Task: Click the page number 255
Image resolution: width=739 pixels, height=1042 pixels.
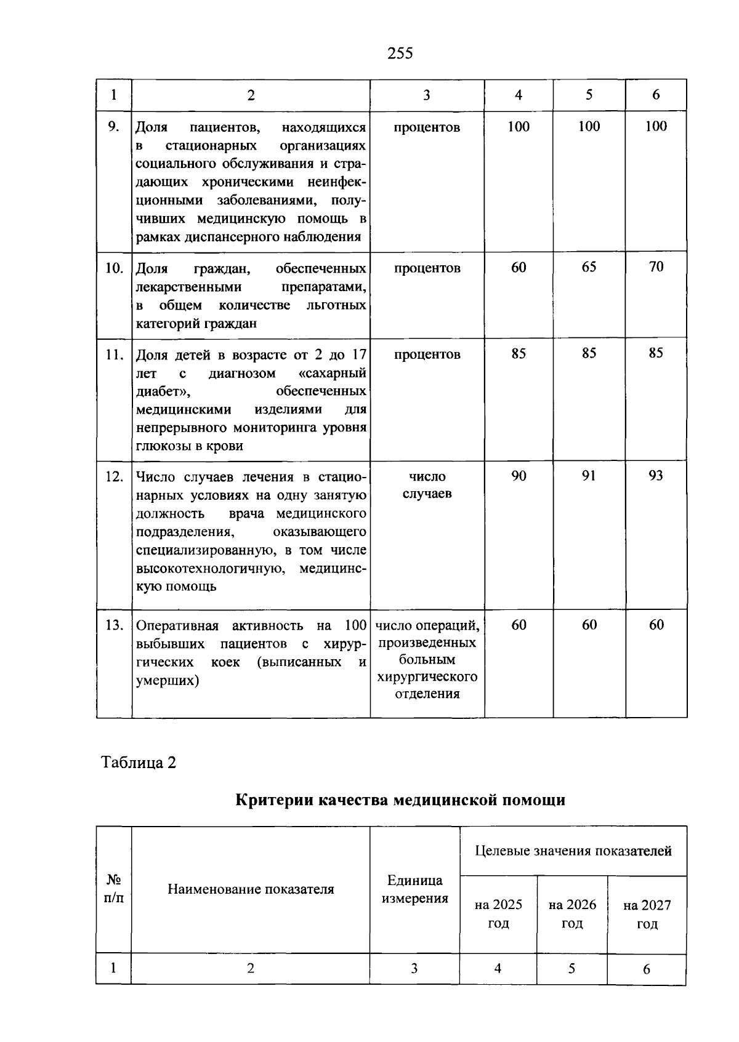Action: pyautogui.click(x=400, y=54)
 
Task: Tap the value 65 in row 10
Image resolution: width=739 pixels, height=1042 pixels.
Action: pyautogui.click(x=589, y=267)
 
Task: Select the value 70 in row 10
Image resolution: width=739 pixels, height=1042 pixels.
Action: pyautogui.click(x=656, y=267)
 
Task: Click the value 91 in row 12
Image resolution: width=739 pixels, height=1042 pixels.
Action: pyautogui.click(x=589, y=476)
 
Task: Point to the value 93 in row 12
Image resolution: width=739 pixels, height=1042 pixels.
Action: pyautogui.click(x=656, y=476)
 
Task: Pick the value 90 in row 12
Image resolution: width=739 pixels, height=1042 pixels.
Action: pyautogui.click(x=519, y=476)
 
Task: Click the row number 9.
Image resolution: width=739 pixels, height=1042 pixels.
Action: pyautogui.click(x=113, y=127)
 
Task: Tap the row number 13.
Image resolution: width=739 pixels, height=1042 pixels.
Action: pyautogui.click(x=114, y=625)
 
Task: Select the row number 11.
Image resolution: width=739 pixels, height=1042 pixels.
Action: pyautogui.click(x=114, y=355)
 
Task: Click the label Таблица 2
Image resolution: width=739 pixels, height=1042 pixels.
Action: pyautogui.click(x=139, y=763)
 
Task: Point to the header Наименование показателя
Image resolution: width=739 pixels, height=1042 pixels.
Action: pyautogui.click(x=251, y=889)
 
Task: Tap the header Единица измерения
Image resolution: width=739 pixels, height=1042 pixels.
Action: pyautogui.click(x=414, y=889)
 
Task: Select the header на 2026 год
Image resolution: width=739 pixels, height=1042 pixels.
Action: pyautogui.click(x=572, y=914)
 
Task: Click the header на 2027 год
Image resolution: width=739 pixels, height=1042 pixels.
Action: pyautogui.click(x=647, y=915)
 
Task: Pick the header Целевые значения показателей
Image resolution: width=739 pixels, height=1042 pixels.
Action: pyautogui.click(x=573, y=851)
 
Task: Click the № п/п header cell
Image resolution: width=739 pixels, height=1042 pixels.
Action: pyautogui.click(x=114, y=889)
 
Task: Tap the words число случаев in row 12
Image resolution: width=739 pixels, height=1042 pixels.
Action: pyautogui.click(x=427, y=485)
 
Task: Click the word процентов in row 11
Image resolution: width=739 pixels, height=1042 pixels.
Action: pyautogui.click(x=427, y=355)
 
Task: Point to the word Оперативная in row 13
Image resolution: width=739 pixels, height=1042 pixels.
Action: pyautogui.click(x=177, y=626)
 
